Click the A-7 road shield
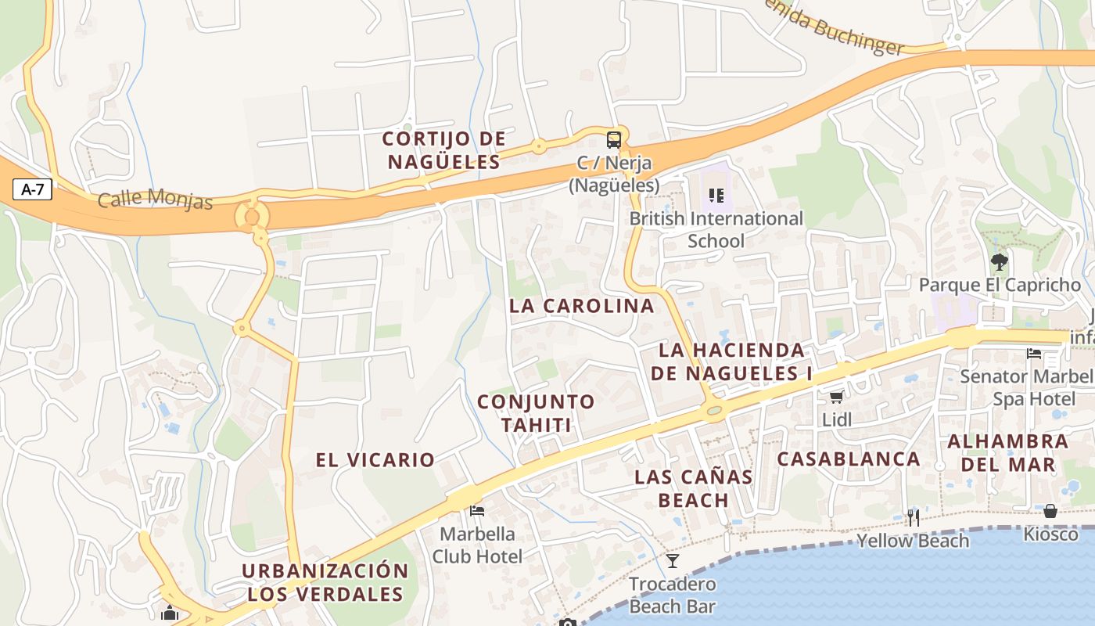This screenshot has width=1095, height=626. [32, 189]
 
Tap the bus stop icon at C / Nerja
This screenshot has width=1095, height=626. [614, 141]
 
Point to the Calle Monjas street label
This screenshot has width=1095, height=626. [155, 199]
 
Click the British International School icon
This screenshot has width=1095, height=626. [716, 195]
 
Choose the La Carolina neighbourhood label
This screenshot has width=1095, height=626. [581, 306]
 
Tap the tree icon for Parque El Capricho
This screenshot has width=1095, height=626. [999, 261]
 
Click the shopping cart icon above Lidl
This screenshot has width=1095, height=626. [837, 397]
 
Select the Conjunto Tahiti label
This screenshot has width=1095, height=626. [536, 413]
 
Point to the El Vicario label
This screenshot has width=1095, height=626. [375, 460]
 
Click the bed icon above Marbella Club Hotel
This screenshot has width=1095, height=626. [477, 511]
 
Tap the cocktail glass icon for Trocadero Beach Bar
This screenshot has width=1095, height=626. [673, 560]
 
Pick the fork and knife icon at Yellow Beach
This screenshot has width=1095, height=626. [913, 517]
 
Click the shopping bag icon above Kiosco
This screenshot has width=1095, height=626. [1050, 511]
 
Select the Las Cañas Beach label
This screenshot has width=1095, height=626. [694, 487]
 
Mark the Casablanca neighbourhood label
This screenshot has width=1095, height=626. [848, 459]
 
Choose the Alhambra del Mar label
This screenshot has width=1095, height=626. [1007, 452]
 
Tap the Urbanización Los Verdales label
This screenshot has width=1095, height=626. [325, 581]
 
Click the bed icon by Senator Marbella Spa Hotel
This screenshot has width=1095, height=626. [1034, 354]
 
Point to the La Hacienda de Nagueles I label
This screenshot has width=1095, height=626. [731, 362]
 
